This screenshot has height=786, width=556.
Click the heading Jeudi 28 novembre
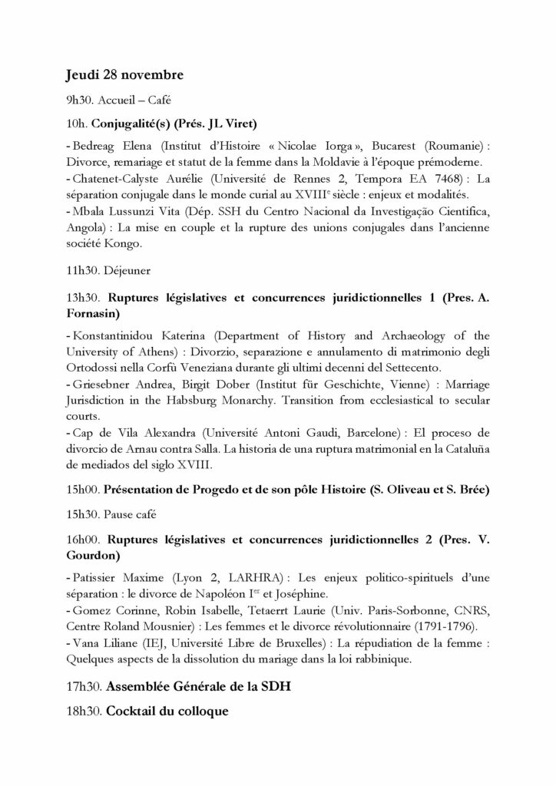(124, 75)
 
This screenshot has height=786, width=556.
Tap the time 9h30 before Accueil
(78, 100)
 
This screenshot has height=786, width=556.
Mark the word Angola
(86, 228)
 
